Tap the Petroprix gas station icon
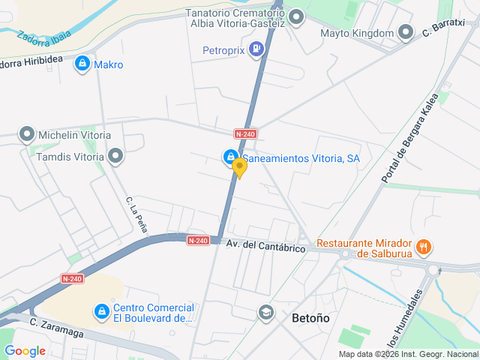tap(257, 50)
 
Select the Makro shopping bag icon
tap(82, 64)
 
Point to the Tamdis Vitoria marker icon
tap(115, 156)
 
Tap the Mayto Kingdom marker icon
tap(406, 32)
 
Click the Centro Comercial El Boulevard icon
tap(101, 310)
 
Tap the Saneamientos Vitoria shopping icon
tap(229, 157)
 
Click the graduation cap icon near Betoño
tap(265, 312)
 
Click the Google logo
tap(25, 350)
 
